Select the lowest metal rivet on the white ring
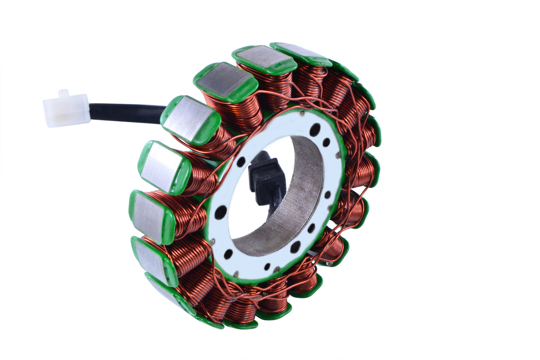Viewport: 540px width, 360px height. [x=236, y=272]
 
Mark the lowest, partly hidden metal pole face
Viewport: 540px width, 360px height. [x=164, y=288]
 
